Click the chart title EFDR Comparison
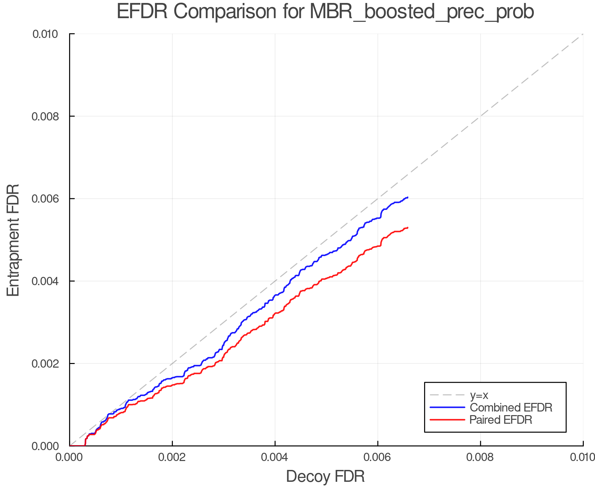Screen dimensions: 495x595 pyautogui.click(x=325, y=12)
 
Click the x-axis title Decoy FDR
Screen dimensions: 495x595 pyautogui.click(x=325, y=477)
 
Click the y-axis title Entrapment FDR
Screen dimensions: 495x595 pyautogui.click(x=13, y=240)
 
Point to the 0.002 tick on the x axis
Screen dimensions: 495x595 pyautogui.click(x=172, y=457)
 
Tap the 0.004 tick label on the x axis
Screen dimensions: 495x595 pyautogui.click(x=275, y=457)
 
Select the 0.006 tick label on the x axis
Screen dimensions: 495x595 pyautogui.click(x=377, y=457)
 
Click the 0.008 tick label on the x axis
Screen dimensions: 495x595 pyautogui.click(x=480, y=457)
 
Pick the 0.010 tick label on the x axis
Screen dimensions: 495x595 pyautogui.click(x=582, y=457)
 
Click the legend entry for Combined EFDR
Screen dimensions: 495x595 pyautogui.click(x=511, y=408)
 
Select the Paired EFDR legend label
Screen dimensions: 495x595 pyautogui.click(x=501, y=420)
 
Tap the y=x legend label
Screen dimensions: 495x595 pyautogui.click(x=479, y=395)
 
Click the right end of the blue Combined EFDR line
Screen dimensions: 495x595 pyautogui.click(x=408, y=197)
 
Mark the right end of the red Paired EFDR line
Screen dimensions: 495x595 pyautogui.click(x=408, y=228)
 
